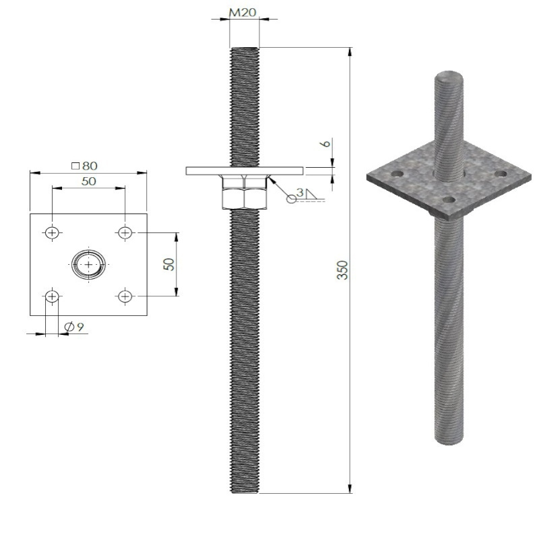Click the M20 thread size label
(243, 12)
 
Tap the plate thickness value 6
(325, 144)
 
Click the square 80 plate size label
(85, 165)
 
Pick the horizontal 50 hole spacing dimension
(88, 181)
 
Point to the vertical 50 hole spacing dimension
(170, 263)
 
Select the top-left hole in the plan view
(52, 232)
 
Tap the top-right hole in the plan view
(124, 232)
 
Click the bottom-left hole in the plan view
(52, 296)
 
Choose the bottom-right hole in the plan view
(124, 296)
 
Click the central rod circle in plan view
(88, 264)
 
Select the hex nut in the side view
(244, 192)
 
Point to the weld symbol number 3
(300, 193)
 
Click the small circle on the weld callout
(291, 198)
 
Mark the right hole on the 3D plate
(500, 174)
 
